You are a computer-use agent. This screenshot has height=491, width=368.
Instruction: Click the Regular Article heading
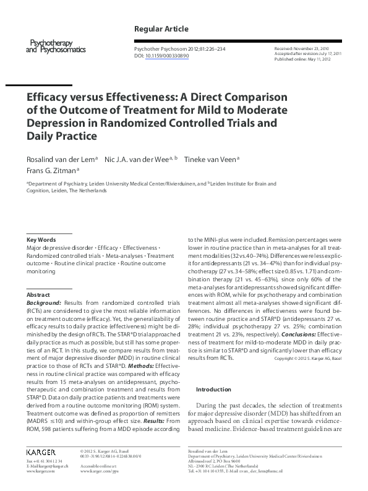pos(161,29)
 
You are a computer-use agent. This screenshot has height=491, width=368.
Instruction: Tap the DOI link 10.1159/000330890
pos(167,56)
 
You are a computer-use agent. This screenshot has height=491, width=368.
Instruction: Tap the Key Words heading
pos(41,239)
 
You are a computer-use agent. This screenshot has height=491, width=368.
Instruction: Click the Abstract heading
pos(38,296)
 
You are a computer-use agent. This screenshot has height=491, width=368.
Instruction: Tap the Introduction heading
pos(213,390)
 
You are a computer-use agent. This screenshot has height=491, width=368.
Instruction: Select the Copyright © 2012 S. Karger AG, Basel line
pos(307,359)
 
